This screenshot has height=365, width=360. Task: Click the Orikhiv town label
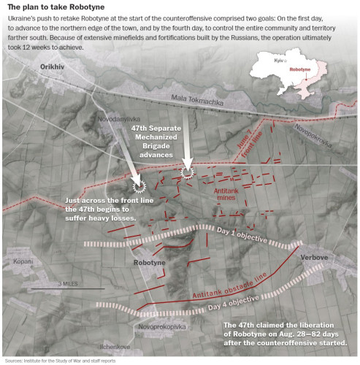52,67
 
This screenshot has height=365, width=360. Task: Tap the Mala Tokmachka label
197,100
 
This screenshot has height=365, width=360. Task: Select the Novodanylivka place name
119,119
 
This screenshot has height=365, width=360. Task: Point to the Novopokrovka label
313,136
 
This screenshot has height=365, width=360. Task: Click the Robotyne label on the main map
150,263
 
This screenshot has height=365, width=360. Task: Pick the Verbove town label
314,257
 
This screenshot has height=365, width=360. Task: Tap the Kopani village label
23,261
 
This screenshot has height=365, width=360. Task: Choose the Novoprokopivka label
162,327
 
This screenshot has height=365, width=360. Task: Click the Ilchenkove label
115,347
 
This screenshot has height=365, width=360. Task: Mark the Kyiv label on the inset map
279,61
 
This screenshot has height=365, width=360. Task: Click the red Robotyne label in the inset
300,69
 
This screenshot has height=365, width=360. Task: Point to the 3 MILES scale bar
68,288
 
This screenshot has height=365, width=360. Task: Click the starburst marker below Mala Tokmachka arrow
187,172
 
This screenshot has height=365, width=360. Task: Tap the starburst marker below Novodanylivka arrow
139,187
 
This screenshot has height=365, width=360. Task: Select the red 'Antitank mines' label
226,194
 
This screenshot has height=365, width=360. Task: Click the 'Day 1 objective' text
242,235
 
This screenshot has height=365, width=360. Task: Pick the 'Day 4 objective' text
234,303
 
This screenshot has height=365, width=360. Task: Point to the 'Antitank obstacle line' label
229,285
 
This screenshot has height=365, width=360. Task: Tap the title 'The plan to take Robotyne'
56,7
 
